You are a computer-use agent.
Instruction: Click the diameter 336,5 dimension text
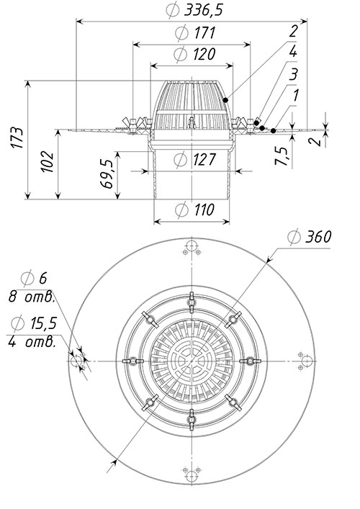194,10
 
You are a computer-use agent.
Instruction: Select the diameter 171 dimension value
195,32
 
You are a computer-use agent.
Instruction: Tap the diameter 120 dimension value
194,54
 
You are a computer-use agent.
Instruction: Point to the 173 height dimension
17,138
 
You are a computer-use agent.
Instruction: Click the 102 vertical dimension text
48,161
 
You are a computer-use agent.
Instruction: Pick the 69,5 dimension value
107,174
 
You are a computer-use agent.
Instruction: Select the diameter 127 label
194,159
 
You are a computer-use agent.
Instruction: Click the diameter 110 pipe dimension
194,209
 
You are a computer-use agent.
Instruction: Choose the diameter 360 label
310,236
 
